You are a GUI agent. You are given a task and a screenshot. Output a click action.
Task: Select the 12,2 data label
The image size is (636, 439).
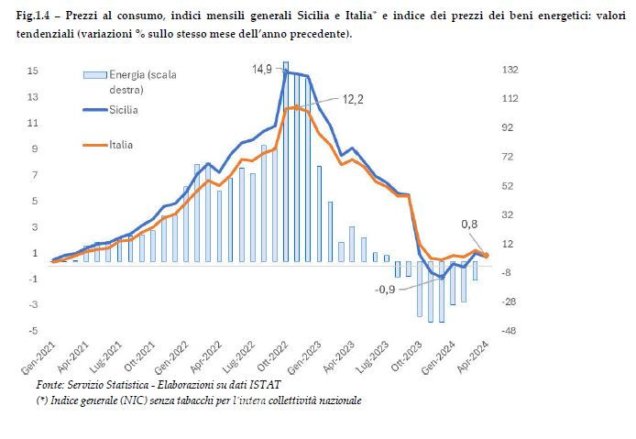tap(353, 99)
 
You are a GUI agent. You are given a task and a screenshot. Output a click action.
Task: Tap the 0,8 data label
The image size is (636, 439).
tap(469, 225)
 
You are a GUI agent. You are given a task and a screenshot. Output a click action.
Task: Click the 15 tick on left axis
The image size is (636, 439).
tap(32, 71)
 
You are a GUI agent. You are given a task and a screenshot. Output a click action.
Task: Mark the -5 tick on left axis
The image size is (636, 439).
tap(33, 330)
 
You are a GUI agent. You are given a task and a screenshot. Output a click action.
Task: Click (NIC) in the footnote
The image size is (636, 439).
tap(136, 401)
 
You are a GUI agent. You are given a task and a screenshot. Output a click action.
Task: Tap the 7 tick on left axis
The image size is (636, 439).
tap(33, 175)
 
